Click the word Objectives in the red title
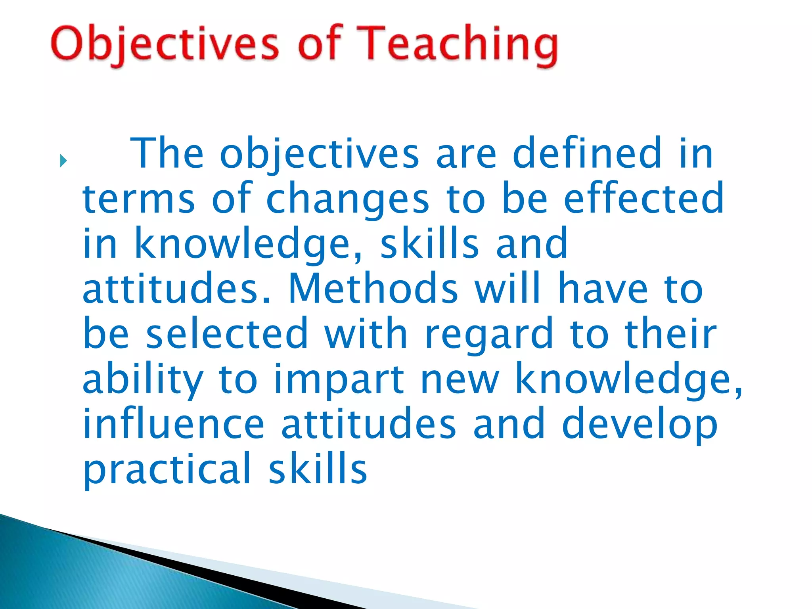[165, 44]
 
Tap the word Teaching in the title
[460, 44]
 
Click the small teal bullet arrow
[63, 161]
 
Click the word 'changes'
[348, 199]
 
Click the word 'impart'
[339, 380]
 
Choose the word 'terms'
[139, 199]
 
